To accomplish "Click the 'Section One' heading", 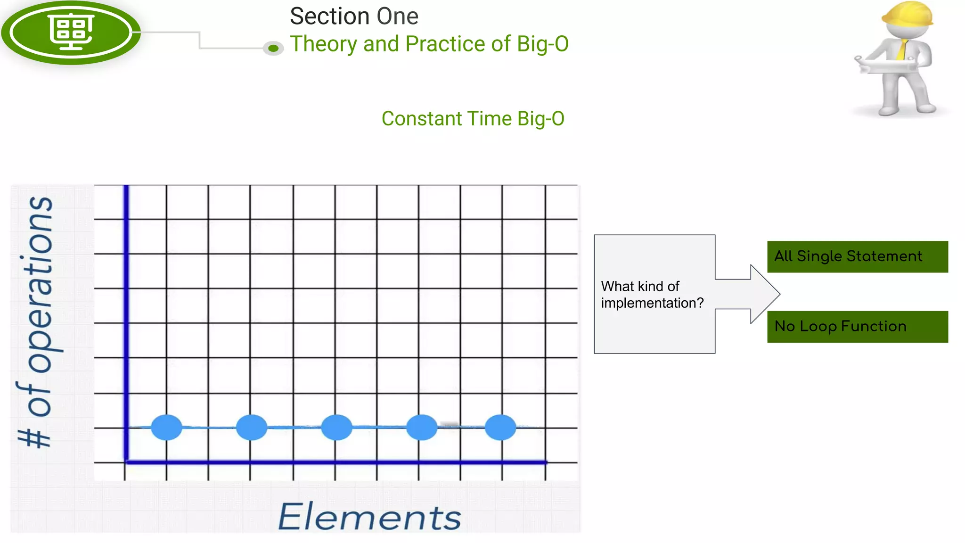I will pyautogui.click(x=354, y=16).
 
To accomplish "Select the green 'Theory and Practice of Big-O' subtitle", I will pyautogui.click(x=429, y=44).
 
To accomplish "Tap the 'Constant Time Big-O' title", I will pyautogui.click(x=473, y=119).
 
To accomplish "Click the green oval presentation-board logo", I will pyautogui.click(x=71, y=32).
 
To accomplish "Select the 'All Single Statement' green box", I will pyautogui.click(x=857, y=256).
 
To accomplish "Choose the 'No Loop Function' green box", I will pyautogui.click(x=857, y=326).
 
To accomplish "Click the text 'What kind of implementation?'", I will pyautogui.click(x=652, y=295).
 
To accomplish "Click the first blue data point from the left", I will pyautogui.click(x=166, y=427).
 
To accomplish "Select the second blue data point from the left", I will pyautogui.click(x=252, y=427).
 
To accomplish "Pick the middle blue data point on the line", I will pyautogui.click(x=336, y=427).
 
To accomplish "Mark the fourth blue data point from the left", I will pyautogui.click(x=422, y=427).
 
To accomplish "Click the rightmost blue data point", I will pyautogui.click(x=500, y=427).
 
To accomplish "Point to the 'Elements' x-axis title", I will pyautogui.click(x=370, y=517).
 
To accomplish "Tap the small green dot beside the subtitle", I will pyautogui.click(x=273, y=48).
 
